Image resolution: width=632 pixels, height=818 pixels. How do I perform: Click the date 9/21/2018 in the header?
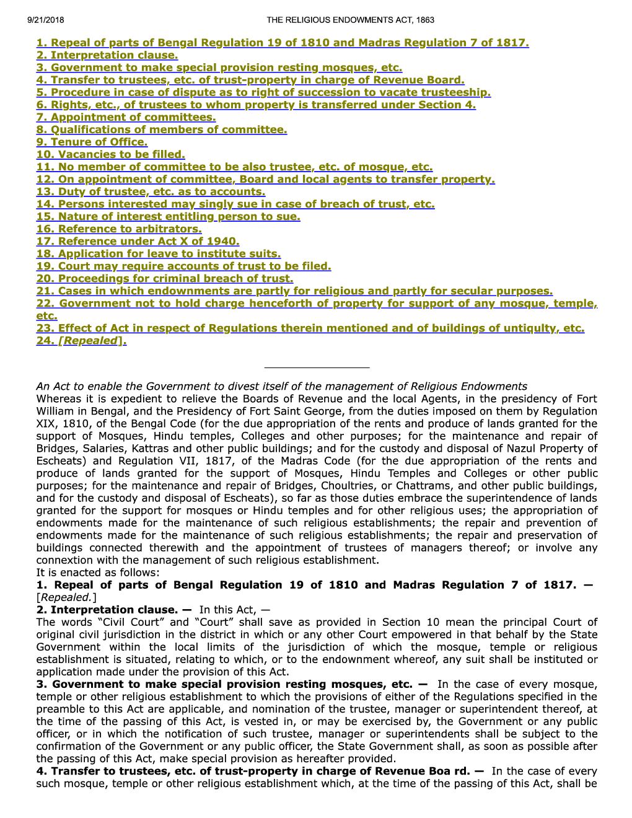click(46, 20)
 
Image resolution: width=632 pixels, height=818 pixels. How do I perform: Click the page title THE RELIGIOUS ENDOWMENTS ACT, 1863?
click(350, 20)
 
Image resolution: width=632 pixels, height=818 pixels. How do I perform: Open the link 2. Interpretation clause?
click(107, 55)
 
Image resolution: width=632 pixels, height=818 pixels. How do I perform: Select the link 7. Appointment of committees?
click(126, 117)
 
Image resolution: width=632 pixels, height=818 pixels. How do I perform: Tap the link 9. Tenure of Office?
click(92, 142)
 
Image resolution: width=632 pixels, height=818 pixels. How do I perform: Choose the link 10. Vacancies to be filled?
click(110, 154)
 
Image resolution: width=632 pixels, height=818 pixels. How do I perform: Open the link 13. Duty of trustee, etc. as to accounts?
click(151, 191)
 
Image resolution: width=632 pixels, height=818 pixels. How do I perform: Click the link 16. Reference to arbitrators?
click(119, 229)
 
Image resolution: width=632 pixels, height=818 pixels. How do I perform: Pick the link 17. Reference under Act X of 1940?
click(138, 241)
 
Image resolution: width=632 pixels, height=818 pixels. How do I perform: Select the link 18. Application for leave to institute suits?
click(159, 253)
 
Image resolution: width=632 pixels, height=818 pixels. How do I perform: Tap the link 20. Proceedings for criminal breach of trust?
click(165, 278)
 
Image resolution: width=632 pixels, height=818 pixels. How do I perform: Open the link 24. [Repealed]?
click(81, 340)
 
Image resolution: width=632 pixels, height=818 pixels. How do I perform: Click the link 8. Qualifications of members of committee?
click(162, 130)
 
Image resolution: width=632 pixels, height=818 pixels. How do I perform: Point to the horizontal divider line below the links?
click(317, 367)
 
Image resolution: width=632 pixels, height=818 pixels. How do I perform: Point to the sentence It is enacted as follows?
click(98, 573)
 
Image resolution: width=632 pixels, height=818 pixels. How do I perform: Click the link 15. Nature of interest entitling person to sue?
click(168, 216)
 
